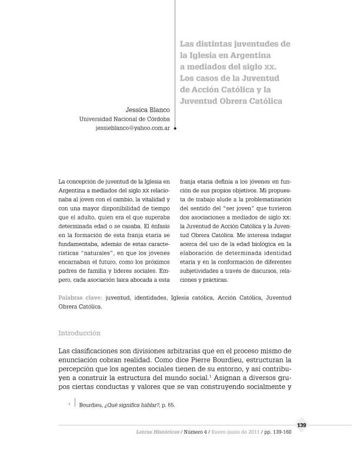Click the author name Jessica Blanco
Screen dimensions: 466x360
click(x=148, y=109)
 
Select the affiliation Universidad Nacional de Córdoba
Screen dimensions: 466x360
click(x=124, y=118)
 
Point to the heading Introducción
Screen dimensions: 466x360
click(x=79, y=333)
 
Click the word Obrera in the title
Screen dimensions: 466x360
click(x=234, y=101)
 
